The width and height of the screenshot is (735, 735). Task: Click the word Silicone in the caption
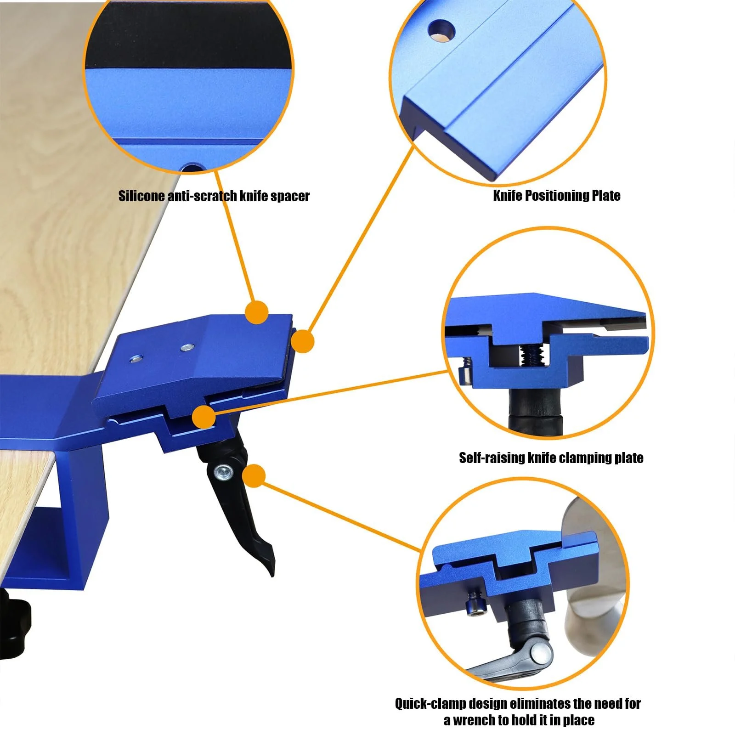pos(141,196)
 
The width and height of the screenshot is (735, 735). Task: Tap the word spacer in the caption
pos(290,197)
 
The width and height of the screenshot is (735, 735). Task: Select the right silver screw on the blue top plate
pos(187,347)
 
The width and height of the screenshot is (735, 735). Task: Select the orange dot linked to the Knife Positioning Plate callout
pos(302,341)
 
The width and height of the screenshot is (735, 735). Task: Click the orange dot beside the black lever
pos(253,476)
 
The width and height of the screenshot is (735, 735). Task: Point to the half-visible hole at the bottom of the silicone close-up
pos(193,169)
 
